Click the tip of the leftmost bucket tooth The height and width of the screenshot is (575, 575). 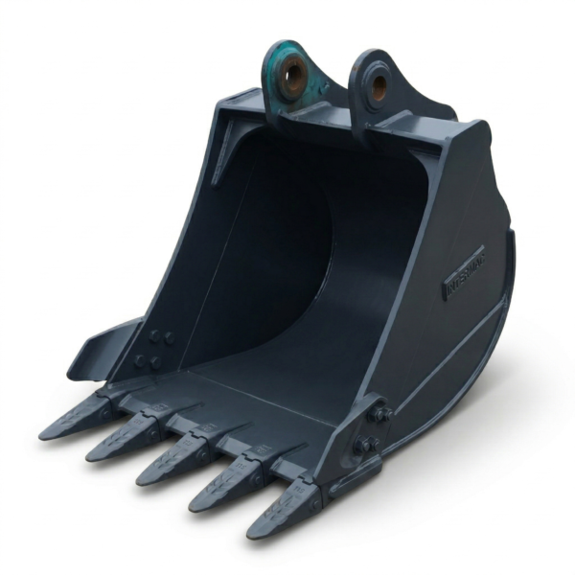pos(47,433)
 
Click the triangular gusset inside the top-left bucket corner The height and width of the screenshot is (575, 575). pos(223,158)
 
